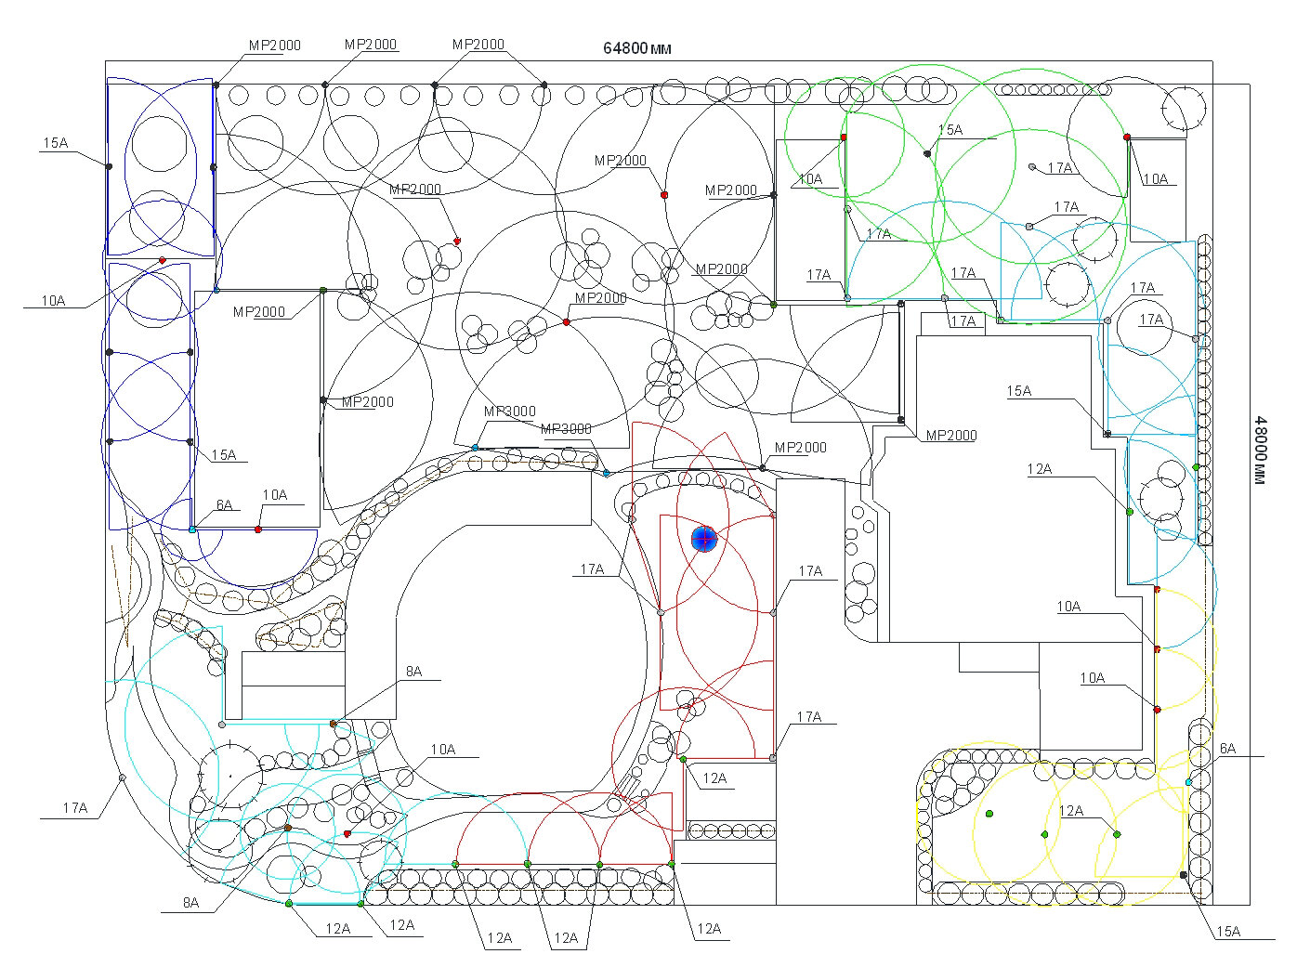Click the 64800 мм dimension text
pos(637,48)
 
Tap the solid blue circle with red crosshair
pos(704,539)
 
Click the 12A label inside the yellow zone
pos(1071,811)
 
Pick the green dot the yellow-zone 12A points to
pos(1117,834)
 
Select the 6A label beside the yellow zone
pos(1227,749)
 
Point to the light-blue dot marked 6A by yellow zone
pos(1188,782)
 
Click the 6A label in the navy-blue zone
pos(225,505)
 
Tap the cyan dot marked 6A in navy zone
pos(192,529)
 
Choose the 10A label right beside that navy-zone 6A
pos(275,495)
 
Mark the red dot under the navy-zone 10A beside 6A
pos(258,529)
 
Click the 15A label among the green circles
pos(950,130)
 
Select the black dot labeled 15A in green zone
pos(927,153)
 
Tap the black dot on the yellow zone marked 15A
pos(1183,875)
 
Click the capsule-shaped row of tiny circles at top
pos(1054,89)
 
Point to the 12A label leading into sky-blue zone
pos(1040,469)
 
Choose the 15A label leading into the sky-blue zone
pos(1019,391)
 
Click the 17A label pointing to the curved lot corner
pos(75,808)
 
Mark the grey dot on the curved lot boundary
pos(122,777)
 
